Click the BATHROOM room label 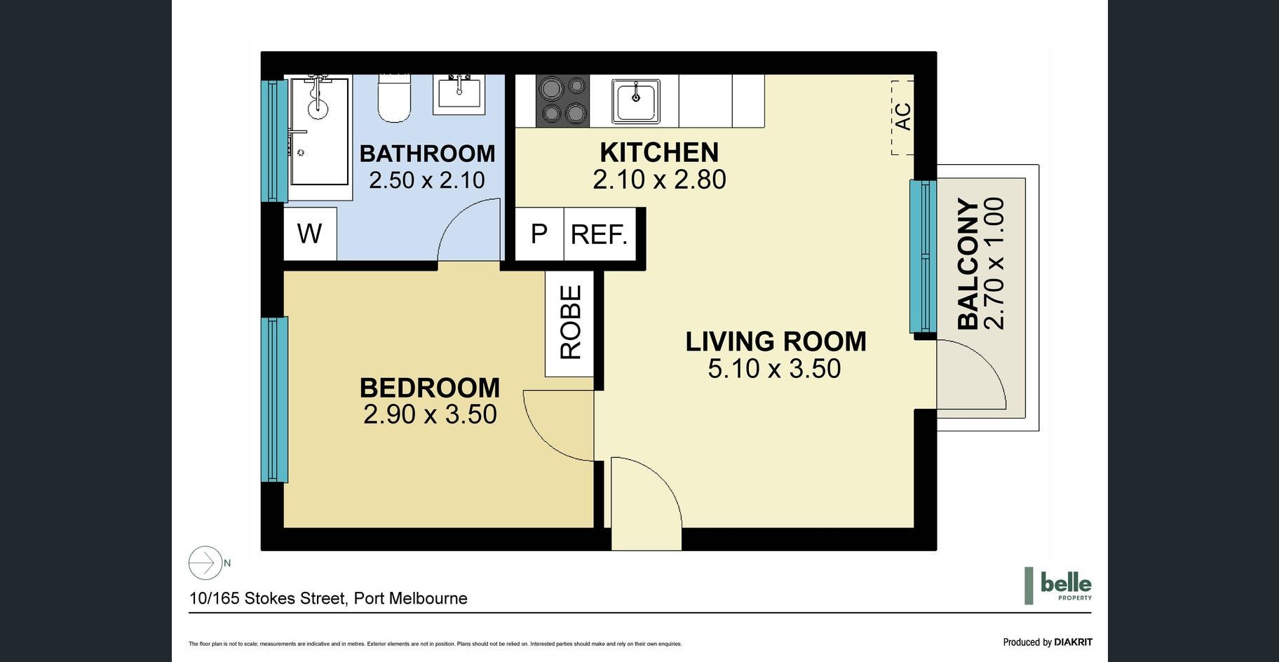click(427, 153)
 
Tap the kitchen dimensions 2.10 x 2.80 click(659, 180)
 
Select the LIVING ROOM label click(776, 342)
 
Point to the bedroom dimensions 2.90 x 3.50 click(430, 414)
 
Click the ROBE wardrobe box click(570, 323)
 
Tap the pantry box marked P click(539, 234)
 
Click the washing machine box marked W click(310, 234)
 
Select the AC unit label click(903, 116)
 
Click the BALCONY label click(968, 264)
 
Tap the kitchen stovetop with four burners click(562, 100)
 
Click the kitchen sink click(636, 101)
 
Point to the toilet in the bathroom click(393, 98)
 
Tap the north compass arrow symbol click(205, 562)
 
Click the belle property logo click(1058, 586)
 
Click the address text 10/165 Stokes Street click(268, 598)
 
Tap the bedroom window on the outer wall click(275, 400)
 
